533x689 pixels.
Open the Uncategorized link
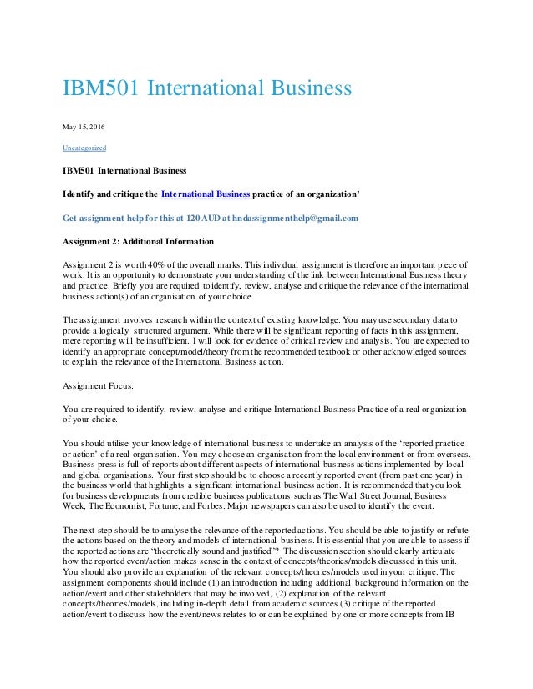(84, 148)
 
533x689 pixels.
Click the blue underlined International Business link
(206, 195)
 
